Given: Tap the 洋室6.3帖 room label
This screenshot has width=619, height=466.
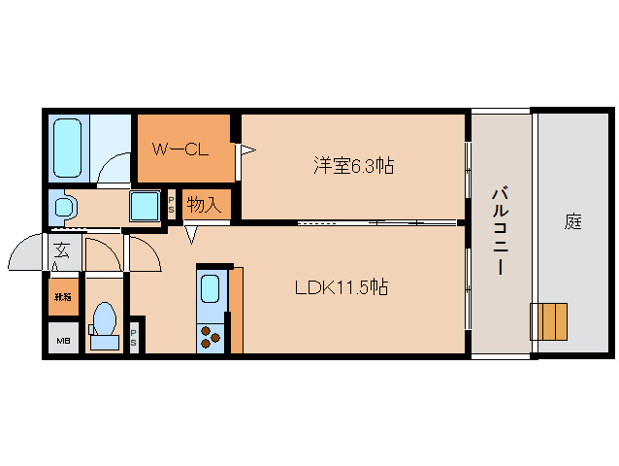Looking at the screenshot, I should pos(353,166).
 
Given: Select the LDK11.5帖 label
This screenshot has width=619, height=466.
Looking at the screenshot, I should pos(342,287).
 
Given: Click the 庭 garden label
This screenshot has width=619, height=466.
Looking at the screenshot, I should pos(573,221).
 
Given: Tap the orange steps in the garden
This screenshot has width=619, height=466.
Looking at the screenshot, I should pos(548,321).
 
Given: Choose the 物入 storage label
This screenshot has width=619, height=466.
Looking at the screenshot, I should pos(203,204).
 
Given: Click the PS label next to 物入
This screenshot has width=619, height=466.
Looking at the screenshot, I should pos(172,205).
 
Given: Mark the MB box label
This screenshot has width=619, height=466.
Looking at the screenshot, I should pos(63,341).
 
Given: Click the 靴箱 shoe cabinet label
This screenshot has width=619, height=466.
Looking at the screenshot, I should pos(63,297).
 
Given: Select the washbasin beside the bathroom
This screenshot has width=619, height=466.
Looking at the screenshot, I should pos(65,207).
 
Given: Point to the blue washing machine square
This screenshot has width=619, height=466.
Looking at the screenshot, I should pos(146,206).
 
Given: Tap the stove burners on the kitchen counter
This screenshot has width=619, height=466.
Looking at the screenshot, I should pos(211,336).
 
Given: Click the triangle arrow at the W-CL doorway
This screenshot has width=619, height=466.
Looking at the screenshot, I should pos(247,150).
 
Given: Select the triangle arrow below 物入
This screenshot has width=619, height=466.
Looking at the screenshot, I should pos(191,234).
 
